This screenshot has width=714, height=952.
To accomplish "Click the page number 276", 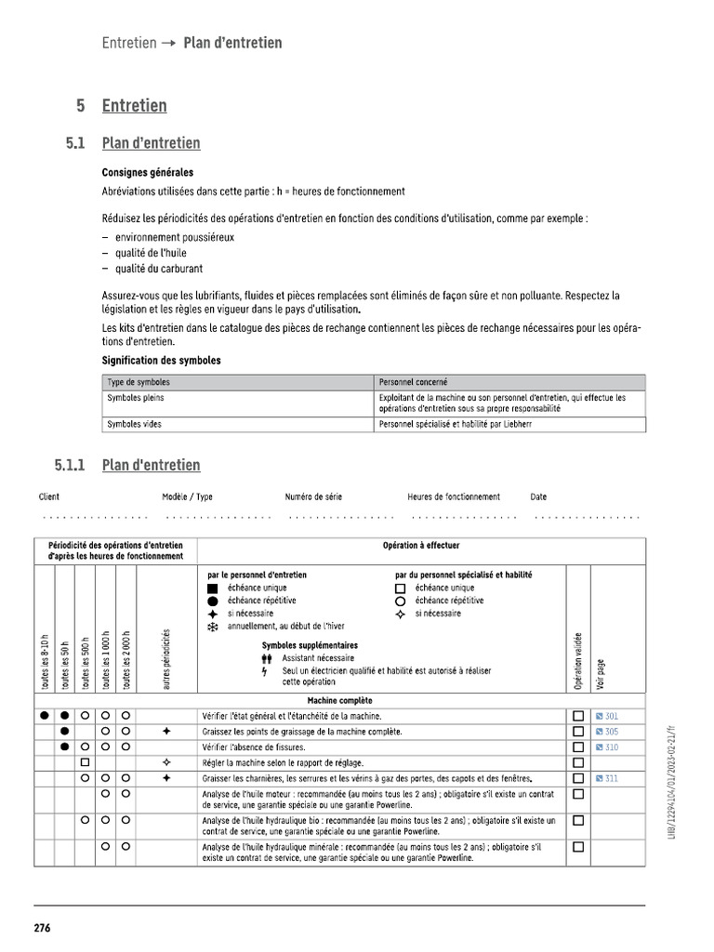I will pos(43,928).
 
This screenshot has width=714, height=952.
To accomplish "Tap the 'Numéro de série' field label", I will pos(313,497).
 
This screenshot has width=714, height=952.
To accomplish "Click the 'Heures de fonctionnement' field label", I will pos(454,497).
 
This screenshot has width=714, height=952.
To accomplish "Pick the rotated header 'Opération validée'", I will pos(577,661).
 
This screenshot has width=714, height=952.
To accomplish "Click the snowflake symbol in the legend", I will pos(213,628).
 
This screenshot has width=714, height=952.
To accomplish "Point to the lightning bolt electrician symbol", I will pos(265,670).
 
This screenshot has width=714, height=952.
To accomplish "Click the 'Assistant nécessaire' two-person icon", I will pos(266,657).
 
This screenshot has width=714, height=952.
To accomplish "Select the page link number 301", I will pos(611,717).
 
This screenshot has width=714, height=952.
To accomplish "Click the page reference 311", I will pos(611,778).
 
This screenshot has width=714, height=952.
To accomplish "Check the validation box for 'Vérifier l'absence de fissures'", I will pos(577,747).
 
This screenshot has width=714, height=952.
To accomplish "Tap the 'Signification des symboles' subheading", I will pos(161,361).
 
